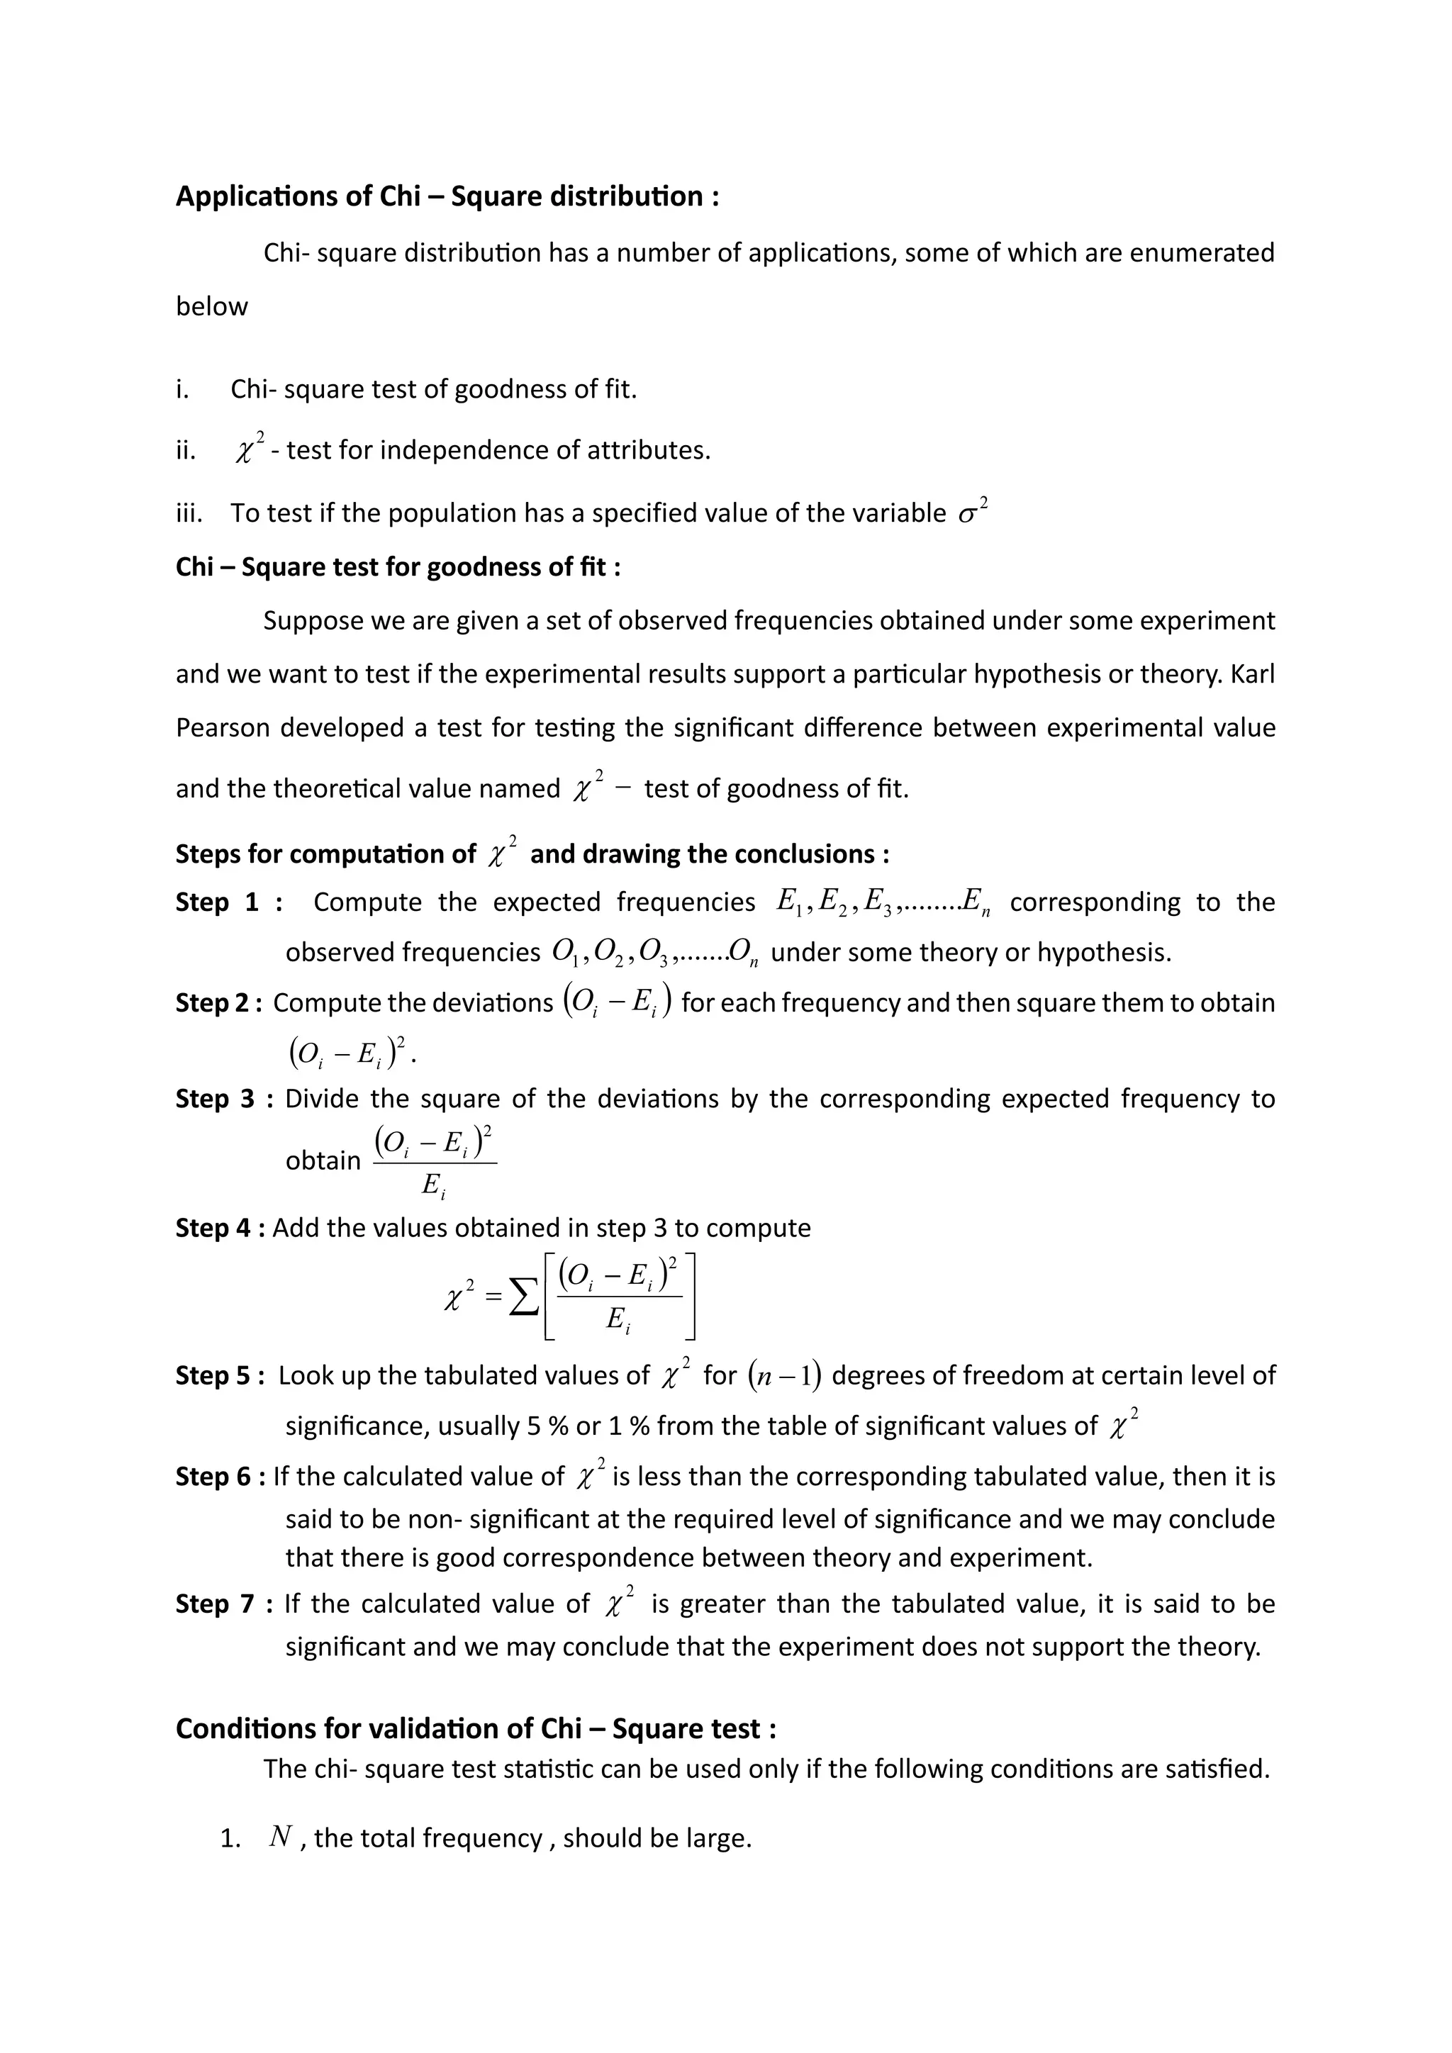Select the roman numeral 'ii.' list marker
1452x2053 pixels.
(x=185, y=451)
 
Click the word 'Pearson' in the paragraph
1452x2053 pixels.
(x=219, y=728)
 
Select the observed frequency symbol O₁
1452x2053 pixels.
(x=565, y=953)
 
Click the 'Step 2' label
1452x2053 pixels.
(x=217, y=1003)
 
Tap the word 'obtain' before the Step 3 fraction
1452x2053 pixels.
(x=323, y=1160)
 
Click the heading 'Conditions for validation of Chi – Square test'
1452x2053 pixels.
(x=475, y=1729)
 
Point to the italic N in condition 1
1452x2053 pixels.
(x=281, y=1837)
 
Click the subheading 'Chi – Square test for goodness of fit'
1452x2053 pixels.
(x=397, y=568)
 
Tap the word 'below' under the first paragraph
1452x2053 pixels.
(x=211, y=307)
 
